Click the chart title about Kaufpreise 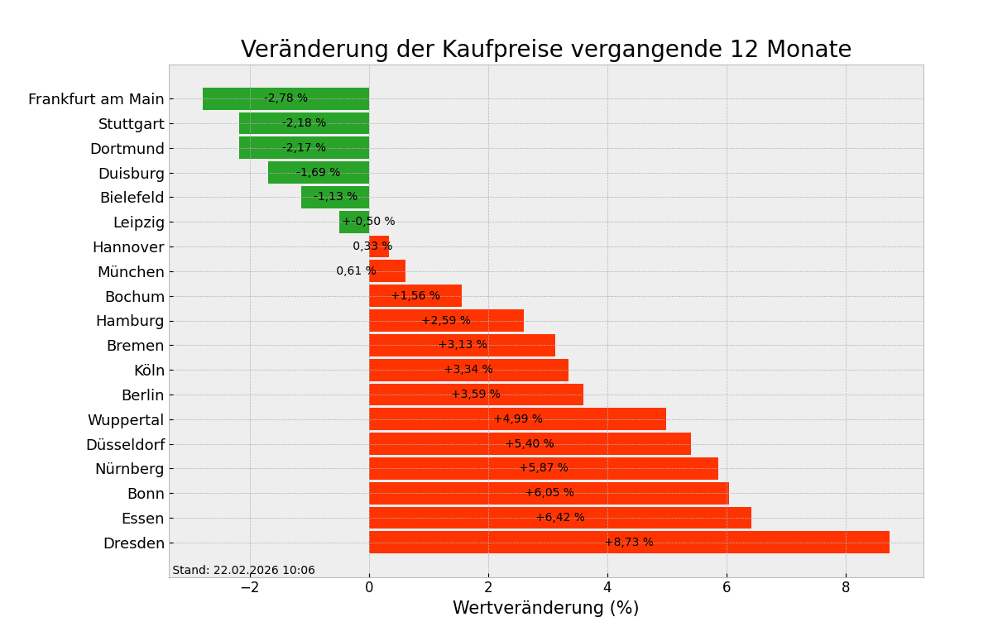(x=545, y=50)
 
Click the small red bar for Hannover (x=379, y=246)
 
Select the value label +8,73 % (x=629, y=543)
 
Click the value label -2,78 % (x=285, y=98)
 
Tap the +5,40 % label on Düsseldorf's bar (x=530, y=444)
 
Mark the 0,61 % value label (x=356, y=271)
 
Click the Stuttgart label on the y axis (x=132, y=124)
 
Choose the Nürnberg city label (x=130, y=469)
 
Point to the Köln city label (x=149, y=371)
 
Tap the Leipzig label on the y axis (x=139, y=222)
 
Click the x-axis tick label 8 (x=846, y=588)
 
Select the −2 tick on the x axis (x=250, y=588)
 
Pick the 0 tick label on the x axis (x=369, y=588)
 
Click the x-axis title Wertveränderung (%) (x=545, y=609)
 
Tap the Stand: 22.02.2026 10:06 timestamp (x=243, y=571)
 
